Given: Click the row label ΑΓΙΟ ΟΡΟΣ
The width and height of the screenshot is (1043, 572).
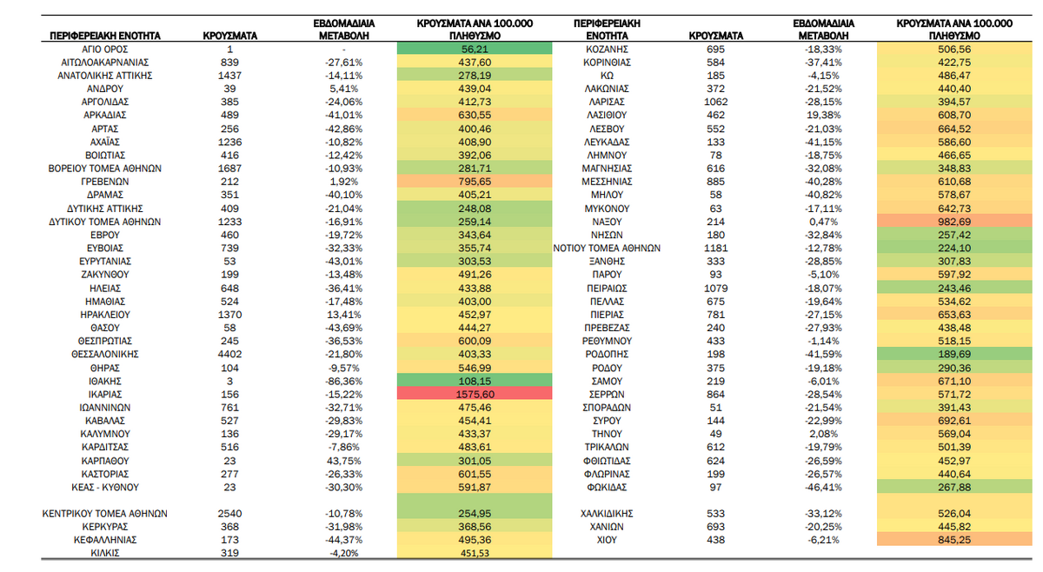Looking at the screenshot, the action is point(105,50).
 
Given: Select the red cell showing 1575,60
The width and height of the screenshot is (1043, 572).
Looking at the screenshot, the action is point(475,394).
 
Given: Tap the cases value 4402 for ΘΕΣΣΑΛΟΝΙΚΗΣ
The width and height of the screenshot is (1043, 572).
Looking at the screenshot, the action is point(229,354).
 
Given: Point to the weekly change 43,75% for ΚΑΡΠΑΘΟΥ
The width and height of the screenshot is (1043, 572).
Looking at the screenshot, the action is point(343,461).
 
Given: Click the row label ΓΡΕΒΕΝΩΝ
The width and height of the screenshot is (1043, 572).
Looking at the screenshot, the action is point(105,182).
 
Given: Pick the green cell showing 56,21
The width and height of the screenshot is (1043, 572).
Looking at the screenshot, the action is point(475,49).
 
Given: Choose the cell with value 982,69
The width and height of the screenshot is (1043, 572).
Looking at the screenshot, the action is point(954,222).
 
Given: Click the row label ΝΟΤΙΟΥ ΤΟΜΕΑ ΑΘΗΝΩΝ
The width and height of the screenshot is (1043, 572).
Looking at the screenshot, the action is point(607,249).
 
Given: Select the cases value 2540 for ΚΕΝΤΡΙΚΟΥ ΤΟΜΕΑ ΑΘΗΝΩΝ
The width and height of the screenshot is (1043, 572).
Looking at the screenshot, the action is point(229,513).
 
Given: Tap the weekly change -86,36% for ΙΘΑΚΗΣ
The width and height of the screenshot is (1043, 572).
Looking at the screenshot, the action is point(343,381).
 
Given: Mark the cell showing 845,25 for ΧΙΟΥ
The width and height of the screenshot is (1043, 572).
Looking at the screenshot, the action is point(954,540).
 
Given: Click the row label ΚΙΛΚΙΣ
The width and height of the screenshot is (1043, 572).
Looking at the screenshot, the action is point(105,553).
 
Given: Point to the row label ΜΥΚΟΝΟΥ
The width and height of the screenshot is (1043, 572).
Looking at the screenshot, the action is point(607,209).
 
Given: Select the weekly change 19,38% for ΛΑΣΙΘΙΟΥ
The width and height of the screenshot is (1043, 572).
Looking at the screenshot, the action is point(823,115).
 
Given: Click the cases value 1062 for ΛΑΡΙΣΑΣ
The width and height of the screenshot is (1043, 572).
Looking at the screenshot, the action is point(715,102).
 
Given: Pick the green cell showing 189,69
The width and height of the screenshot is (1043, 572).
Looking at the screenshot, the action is point(954,354).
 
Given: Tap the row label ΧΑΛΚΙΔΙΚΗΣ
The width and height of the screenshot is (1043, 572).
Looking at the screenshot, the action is point(607,513).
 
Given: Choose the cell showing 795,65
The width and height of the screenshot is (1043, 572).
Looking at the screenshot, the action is point(475,182).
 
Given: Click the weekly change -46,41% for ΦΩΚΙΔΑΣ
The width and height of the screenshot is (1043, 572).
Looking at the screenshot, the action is point(823,487).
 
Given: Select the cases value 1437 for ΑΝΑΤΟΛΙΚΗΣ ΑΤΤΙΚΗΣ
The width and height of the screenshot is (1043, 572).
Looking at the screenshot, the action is point(229,76).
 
